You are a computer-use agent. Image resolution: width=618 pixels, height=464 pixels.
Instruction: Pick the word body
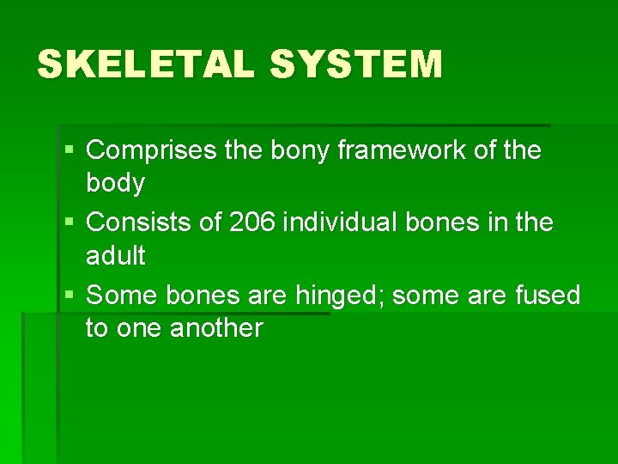[x=116, y=183]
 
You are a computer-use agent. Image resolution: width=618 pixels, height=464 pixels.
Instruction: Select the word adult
[x=116, y=255]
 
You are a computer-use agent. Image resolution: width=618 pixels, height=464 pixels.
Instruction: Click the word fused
[x=548, y=295]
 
